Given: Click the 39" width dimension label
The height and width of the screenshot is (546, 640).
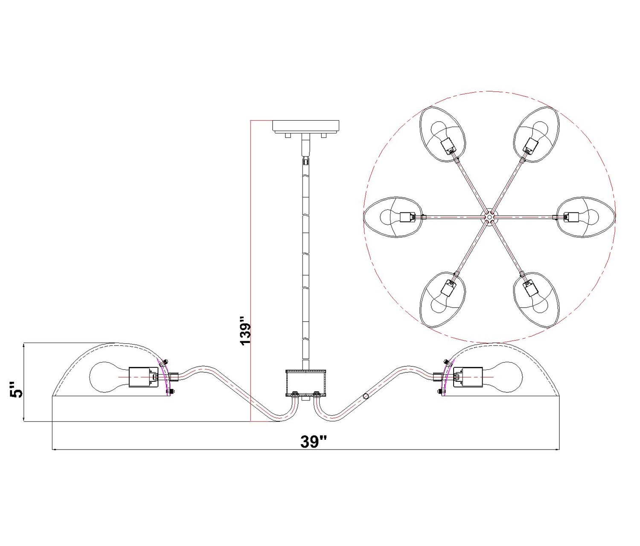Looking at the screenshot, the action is (313, 441).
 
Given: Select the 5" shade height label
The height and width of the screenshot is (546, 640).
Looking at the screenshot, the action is (16, 390).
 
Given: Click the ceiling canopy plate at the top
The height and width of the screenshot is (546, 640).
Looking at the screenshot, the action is (305, 127).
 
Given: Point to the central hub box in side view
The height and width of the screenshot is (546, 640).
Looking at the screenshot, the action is (305, 383).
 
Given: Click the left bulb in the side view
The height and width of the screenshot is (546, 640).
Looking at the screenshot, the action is (109, 377).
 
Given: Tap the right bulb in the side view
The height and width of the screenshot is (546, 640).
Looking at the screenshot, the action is (502, 377).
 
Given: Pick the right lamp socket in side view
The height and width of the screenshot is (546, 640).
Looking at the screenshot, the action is (468, 377).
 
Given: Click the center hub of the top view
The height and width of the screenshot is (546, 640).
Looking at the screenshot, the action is (488, 217).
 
